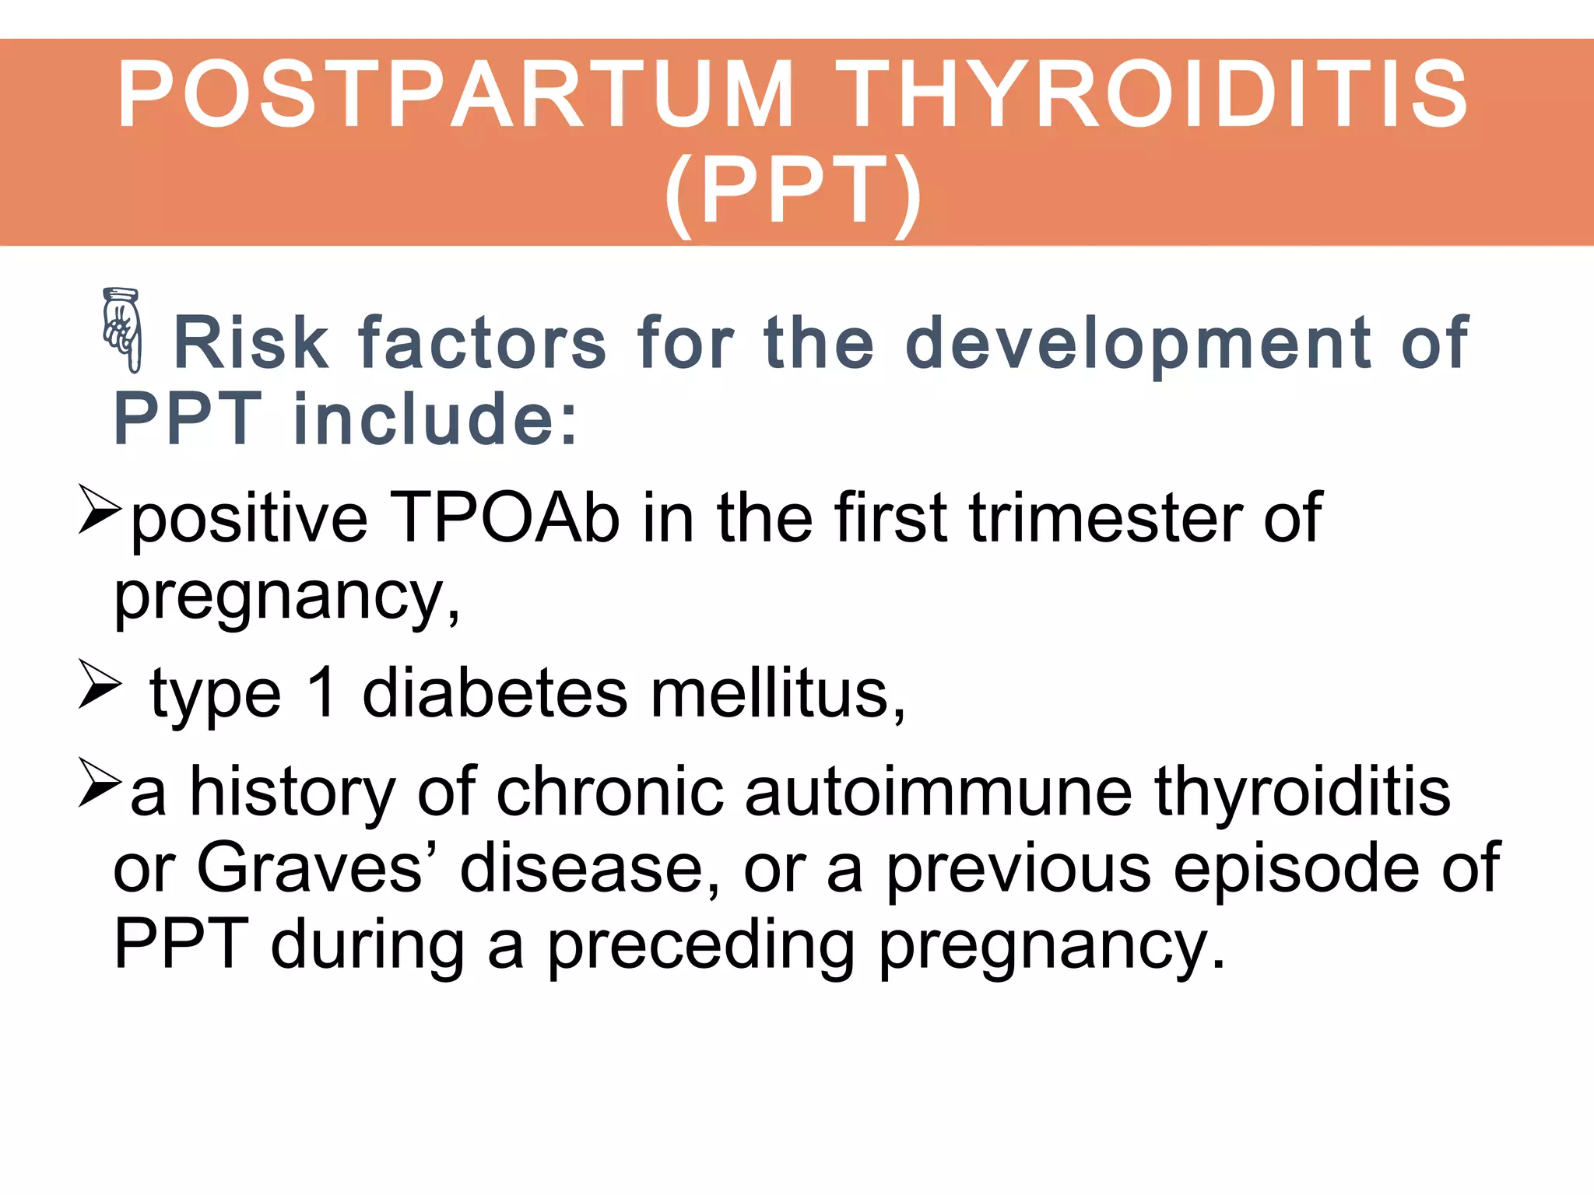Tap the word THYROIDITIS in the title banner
click(x=1152, y=95)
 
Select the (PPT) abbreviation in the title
click(x=794, y=191)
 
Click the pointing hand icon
click(x=123, y=330)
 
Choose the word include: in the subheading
click(x=436, y=419)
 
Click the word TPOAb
click(x=504, y=518)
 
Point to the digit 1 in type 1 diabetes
click(x=321, y=692)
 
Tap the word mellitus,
click(x=778, y=692)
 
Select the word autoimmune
click(x=938, y=792)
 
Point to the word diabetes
click(x=495, y=692)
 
